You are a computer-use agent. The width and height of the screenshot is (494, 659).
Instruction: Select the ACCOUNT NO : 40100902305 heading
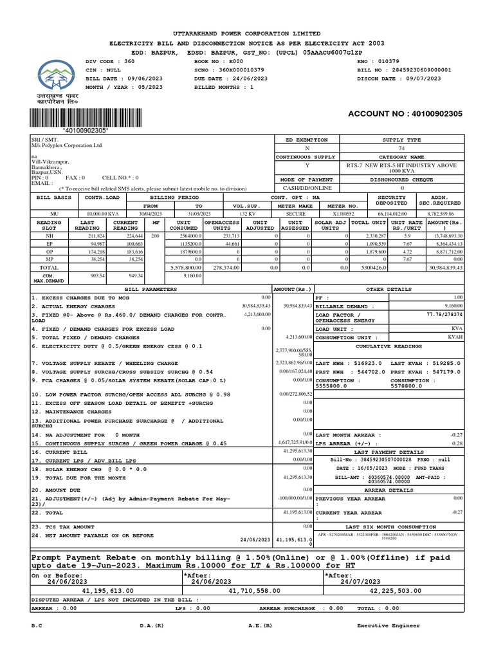tap(405, 114)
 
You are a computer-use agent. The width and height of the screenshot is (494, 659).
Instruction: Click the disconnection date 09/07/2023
tap(419, 78)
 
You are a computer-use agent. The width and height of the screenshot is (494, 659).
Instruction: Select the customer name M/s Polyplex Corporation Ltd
tap(67, 146)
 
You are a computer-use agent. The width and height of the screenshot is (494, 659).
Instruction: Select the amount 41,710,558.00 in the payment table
tap(251, 589)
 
